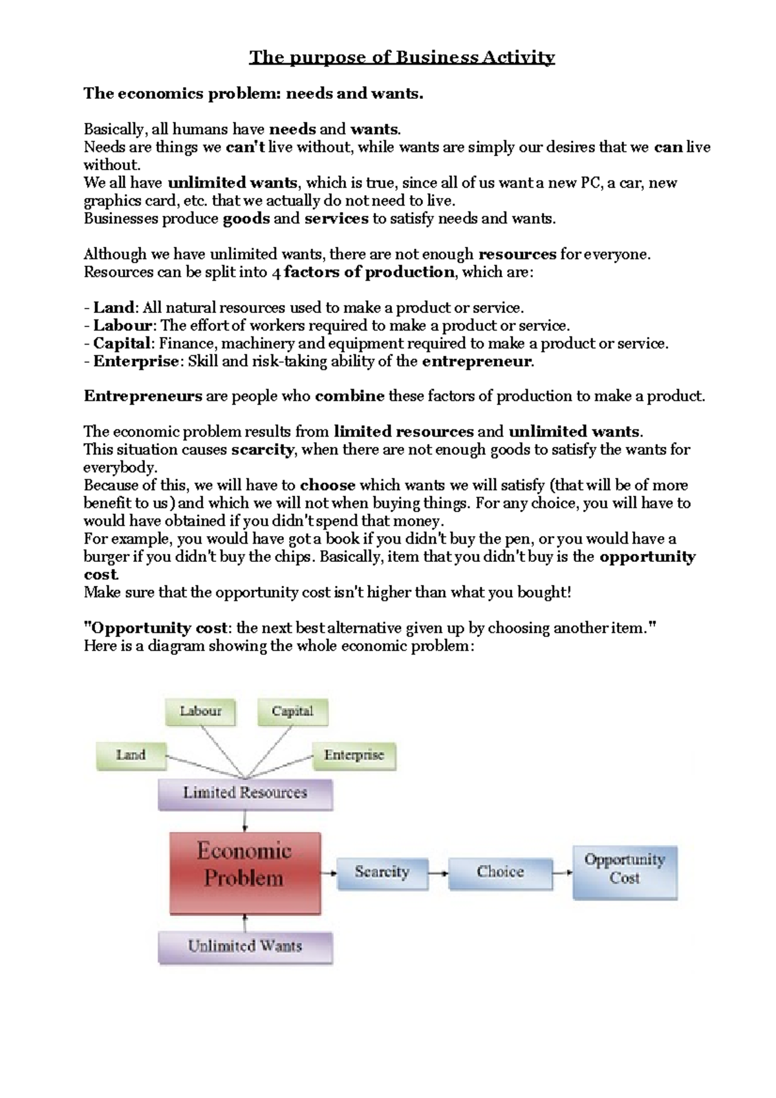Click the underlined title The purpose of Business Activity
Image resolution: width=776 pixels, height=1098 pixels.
point(402,58)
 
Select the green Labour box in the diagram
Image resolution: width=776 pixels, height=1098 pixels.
point(200,711)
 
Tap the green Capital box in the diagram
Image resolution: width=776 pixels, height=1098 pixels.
point(292,711)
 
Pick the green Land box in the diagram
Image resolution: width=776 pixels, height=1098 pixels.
point(131,755)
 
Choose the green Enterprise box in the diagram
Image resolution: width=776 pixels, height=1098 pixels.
point(354,755)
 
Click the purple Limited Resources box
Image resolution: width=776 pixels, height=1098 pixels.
point(245,793)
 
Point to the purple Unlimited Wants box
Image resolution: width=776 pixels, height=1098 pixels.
point(245,947)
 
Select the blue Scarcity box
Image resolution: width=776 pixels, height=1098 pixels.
point(382,873)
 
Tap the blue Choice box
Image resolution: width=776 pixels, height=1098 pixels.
point(500,873)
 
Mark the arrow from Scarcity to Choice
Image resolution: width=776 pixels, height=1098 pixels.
point(438,874)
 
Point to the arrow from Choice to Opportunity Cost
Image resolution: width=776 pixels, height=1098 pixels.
point(563,873)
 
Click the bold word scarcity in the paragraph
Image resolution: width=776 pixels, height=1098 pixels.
point(262,450)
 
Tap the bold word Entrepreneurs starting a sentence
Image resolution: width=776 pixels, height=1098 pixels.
point(143,396)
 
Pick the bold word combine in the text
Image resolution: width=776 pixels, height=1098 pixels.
point(349,396)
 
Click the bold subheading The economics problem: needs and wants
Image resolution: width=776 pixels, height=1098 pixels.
point(253,94)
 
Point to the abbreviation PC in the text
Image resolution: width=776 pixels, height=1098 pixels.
point(590,183)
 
